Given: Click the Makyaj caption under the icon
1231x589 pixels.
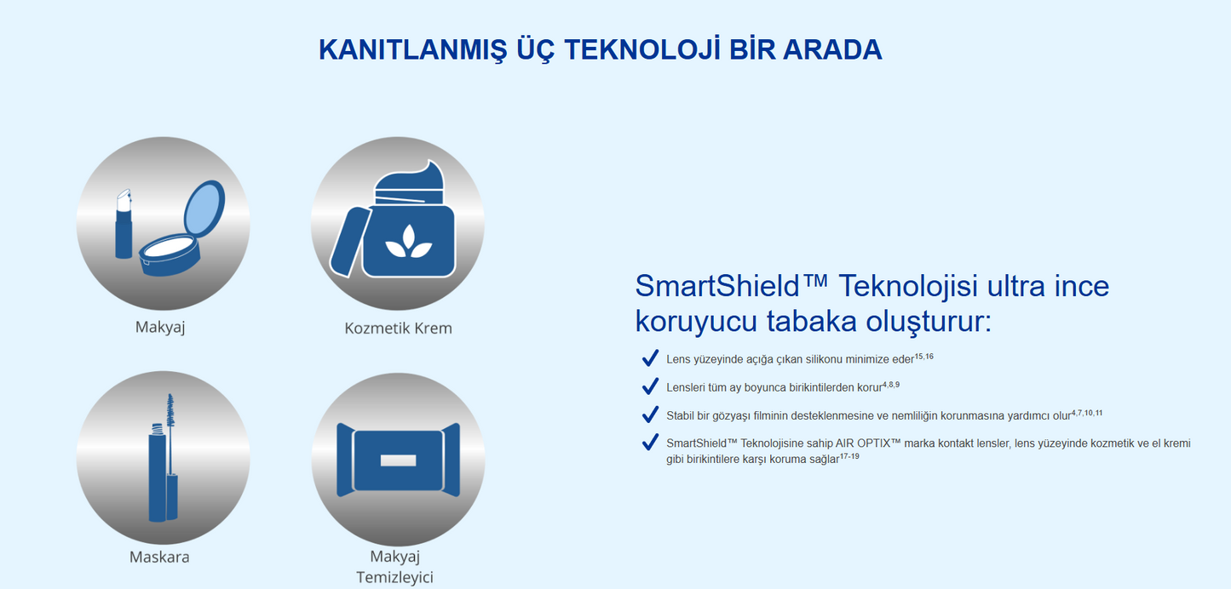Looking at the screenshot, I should click(160, 327).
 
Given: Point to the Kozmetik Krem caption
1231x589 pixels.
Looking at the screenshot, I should click(398, 328).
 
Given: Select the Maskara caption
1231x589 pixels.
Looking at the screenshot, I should click(159, 558).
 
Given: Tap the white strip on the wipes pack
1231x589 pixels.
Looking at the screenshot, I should click(398, 460).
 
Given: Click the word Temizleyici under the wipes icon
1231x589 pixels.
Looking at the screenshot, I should click(394, 577).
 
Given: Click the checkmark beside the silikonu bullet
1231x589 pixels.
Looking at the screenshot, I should click(650, 357).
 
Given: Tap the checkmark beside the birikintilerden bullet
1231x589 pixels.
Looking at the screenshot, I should click(650, 386).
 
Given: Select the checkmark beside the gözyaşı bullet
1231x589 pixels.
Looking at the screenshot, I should click(650, 415).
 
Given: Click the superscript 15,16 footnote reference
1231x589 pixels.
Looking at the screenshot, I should click(923, 357).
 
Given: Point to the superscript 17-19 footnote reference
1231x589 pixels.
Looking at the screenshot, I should click(849, 455).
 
